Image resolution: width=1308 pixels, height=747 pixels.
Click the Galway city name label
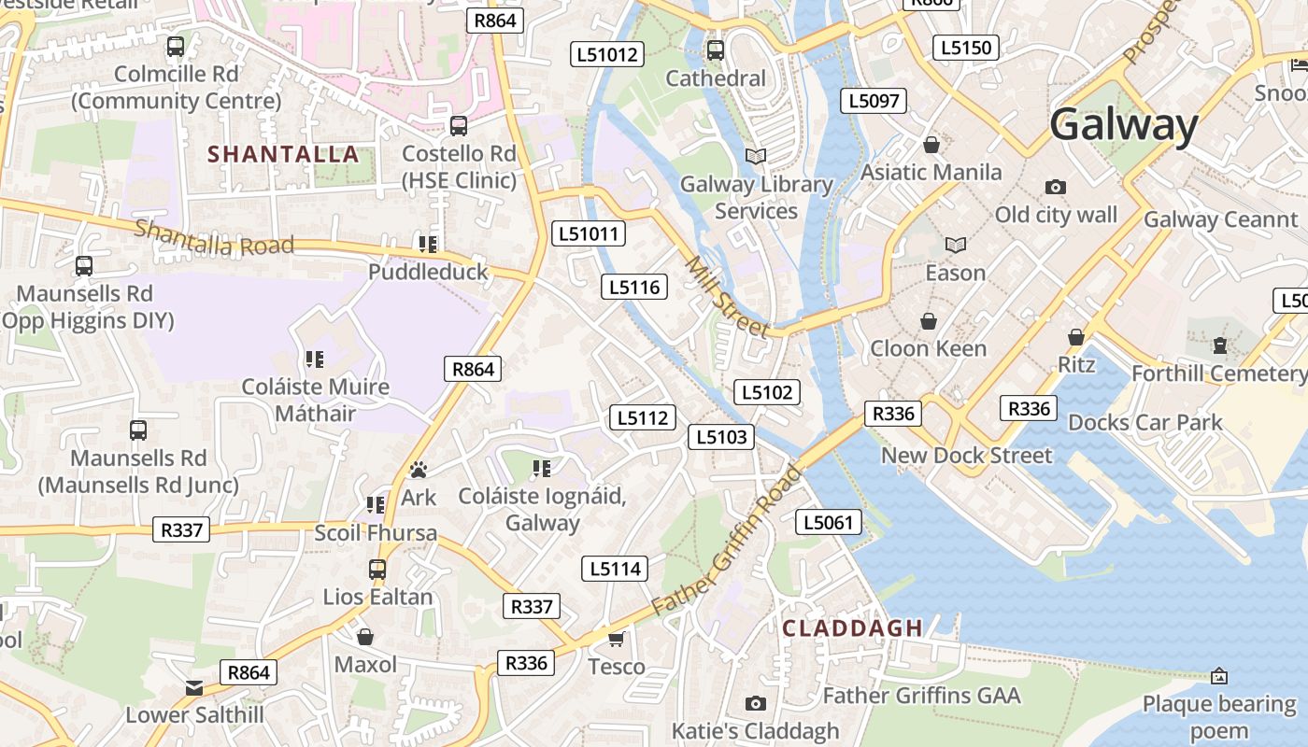(x=1123, y=125)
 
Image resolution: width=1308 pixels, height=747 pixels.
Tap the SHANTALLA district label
(x=283, y=154)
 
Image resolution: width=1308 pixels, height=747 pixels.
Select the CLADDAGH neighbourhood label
(x=852, y=627)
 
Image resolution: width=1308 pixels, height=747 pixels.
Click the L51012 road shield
(x=607, y=54)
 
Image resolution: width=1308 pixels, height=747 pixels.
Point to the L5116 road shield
(x=634, y=287)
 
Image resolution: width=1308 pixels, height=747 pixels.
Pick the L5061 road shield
(x=829, y=522)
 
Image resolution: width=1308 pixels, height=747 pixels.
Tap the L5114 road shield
(x=615, y=568)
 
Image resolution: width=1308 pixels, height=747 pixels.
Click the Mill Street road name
(x=727, y=296)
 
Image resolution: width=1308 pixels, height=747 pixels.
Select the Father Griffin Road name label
(x=728, y=540)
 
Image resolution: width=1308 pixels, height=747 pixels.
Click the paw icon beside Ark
(x=419, y=470)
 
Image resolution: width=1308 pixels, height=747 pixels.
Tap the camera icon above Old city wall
(x=1056, y=187)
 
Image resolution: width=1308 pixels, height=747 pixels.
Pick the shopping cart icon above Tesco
(x=616, y=639)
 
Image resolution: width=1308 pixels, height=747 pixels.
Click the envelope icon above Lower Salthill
(x=194, y=688)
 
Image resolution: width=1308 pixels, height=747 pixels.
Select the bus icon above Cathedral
(x=716, y=50)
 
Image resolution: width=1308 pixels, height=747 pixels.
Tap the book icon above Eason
(x=955, y=245)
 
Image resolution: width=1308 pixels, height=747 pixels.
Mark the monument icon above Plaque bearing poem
(x=1218, y=675)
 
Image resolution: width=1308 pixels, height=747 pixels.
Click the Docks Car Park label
(x=1144, y=422)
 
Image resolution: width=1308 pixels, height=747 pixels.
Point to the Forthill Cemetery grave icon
(x=1219, y=345)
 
